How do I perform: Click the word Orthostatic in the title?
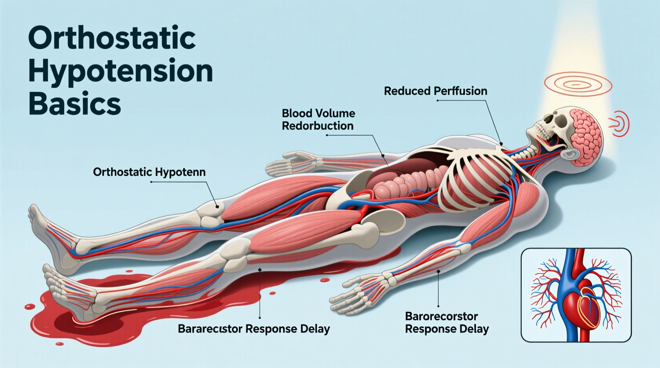coord(112,38)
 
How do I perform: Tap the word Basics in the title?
coord(75,104)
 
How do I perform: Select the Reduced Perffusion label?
coord(435,91)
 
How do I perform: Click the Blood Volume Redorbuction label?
coord(318,119)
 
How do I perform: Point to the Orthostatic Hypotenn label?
coord(149,172)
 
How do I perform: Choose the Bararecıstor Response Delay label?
coord(254,329)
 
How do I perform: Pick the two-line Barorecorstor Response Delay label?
coord(447,322)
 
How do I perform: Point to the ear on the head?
coord(571,154)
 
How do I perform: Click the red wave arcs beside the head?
coord(621,124)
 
